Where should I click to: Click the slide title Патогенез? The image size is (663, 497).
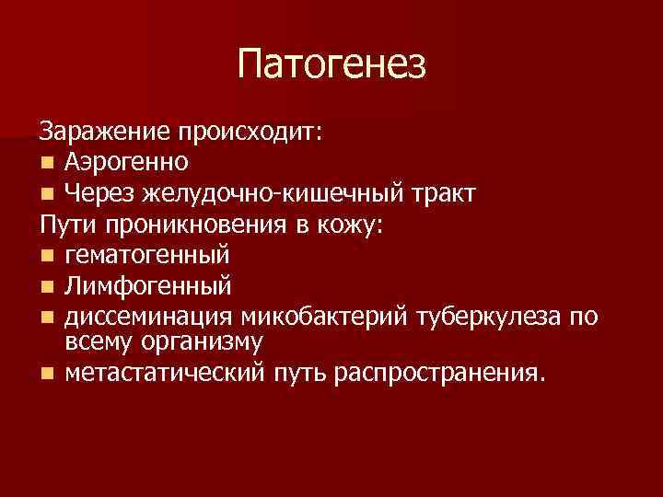[331, 64]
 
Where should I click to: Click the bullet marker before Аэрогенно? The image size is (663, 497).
[46, 164]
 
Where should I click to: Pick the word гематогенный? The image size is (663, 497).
[147, 255]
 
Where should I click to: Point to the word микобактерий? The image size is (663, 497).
[315, 317]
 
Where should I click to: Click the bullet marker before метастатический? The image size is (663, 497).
[46, 374]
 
